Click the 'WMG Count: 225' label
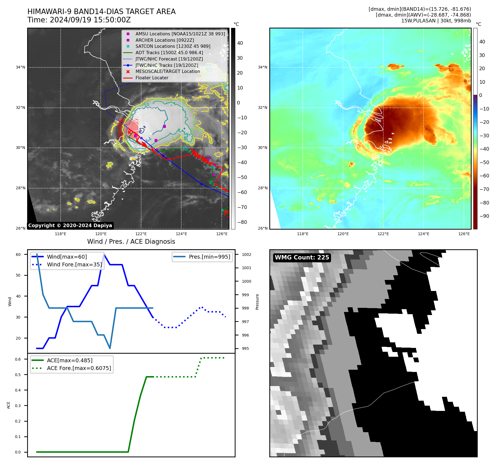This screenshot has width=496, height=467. tap(302, 258)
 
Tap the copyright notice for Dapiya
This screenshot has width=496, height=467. tap(70, 225)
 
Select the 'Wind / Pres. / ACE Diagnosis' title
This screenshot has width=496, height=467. tap(131, 242)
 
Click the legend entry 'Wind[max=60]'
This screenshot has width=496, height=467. tap(67, 257)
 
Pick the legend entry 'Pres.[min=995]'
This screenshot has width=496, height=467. tap(209, 257)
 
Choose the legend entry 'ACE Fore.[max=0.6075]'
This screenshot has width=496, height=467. tap(79, 368)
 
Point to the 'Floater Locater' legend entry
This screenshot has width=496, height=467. tap(152, 78)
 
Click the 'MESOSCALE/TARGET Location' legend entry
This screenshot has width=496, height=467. tap(167, 71)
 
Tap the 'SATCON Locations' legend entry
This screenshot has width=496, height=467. tap(173, 46)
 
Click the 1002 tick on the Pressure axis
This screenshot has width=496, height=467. tap(246, 255)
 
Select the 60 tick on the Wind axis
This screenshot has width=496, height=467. tap(18, 255)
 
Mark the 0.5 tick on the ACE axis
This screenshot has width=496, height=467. tap(18, 375)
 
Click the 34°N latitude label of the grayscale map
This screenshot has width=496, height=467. tap(20, 67)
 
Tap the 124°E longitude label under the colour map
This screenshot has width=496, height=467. tap(423, 234)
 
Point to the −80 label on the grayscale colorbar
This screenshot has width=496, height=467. tap(242, 222)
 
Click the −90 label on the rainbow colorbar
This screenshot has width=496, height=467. tap(484, 216)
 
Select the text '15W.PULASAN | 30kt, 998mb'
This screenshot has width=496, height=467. tap(436, 21)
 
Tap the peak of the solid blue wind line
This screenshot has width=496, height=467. tap(104, 254)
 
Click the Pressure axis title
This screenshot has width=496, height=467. tap(257, 302)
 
